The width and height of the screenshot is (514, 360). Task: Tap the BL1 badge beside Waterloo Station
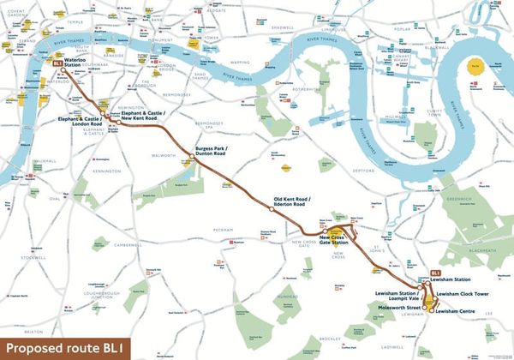coord(57,63)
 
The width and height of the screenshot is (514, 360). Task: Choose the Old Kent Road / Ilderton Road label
coord(290,203)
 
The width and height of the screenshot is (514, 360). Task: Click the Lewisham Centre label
coord(455,312)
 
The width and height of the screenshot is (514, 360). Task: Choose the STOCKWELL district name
coord(33,257)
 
